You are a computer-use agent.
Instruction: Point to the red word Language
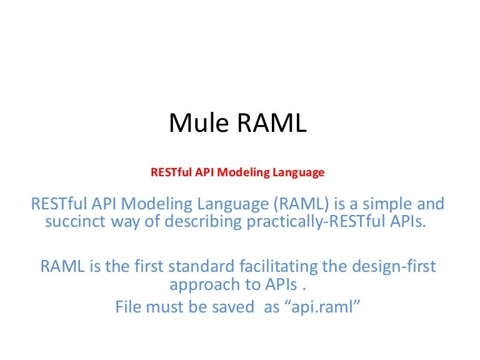click(297, 172)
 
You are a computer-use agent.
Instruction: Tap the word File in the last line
click(128, 307)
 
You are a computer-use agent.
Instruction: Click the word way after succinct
click(116, 222)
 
